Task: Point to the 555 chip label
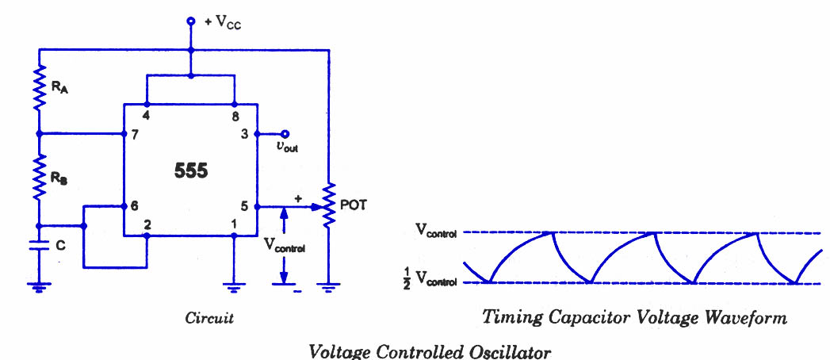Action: [x=190, y=170]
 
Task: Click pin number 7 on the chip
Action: [x=136, y=134]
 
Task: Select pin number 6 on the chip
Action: [x=136, y=205]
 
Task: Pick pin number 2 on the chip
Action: [x=147, y=224]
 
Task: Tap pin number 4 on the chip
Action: [x=147, y=116]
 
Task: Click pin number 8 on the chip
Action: [x=235, y=116]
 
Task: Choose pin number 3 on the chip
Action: [x=245, y=134]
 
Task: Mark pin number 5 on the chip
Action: [x=245, y=205]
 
